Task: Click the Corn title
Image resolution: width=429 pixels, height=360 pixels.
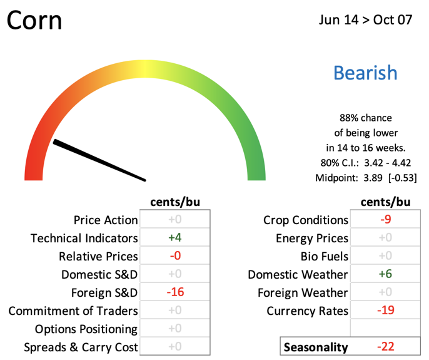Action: click(x=34, y=20)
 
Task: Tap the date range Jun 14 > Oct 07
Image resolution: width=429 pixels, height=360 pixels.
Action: click(x=365, y=20)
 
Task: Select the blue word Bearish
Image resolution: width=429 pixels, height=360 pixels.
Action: click(x=365, y=73)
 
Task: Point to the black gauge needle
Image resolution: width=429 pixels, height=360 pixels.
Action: click(x=99, y=160)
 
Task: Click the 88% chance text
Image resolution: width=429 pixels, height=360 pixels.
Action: click(x=365, y=118)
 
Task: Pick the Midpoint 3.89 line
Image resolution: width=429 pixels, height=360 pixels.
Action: click(x=366, y=178)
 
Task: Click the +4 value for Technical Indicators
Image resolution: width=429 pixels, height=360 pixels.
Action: click(x=175, y=237)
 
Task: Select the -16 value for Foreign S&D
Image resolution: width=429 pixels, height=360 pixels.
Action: click(x=175, y=292)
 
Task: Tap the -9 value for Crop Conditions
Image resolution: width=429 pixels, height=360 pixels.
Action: click(x=385, y=219)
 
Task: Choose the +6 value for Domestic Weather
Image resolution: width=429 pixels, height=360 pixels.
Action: click(x=385, y=274)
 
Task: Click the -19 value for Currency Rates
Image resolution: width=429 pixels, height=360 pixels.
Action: click(x=385, y=310)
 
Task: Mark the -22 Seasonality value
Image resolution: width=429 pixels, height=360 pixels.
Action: click(x=385, y=347)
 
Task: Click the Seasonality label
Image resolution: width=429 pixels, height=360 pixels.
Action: click(x=316, y=347)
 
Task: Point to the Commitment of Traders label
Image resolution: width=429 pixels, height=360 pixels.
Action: click(x=73, y=311)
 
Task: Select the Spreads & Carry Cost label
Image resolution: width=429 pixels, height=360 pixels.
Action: click(x=81, y=347)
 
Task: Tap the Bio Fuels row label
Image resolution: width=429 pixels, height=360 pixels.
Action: click(x=325, y=257)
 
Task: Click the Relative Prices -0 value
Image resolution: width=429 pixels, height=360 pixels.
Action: click(x=175, y=255)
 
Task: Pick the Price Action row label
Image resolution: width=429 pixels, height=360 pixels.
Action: click(x=106, y=220)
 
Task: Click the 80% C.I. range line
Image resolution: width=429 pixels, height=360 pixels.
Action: click(x=366, y=163)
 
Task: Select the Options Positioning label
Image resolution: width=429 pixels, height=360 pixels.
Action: click(x=86, y=329)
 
